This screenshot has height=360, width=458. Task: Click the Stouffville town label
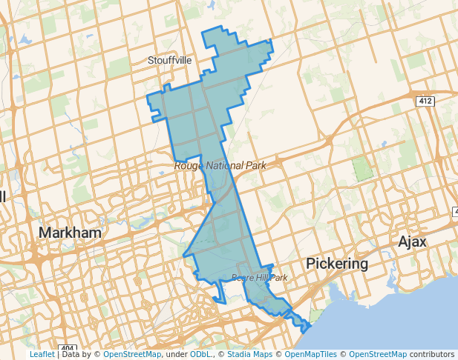click(169, 59)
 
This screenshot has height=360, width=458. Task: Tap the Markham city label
click(70, 233)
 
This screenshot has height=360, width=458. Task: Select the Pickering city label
click(338, 264)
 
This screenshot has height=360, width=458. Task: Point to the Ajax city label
click(413, 241)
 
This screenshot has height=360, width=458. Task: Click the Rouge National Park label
click(220, 166)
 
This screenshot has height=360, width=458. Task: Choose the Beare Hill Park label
click(259, 278)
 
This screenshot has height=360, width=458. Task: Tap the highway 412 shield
click(425, 101)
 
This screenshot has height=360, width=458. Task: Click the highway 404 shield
click(67, 348)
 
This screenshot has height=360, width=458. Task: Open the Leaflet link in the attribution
click(42, 355)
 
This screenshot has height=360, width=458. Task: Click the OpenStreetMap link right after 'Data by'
click(132, 355)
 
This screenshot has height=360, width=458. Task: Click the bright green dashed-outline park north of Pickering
click(362, 170)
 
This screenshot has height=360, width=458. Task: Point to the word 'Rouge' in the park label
click(189, 166)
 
